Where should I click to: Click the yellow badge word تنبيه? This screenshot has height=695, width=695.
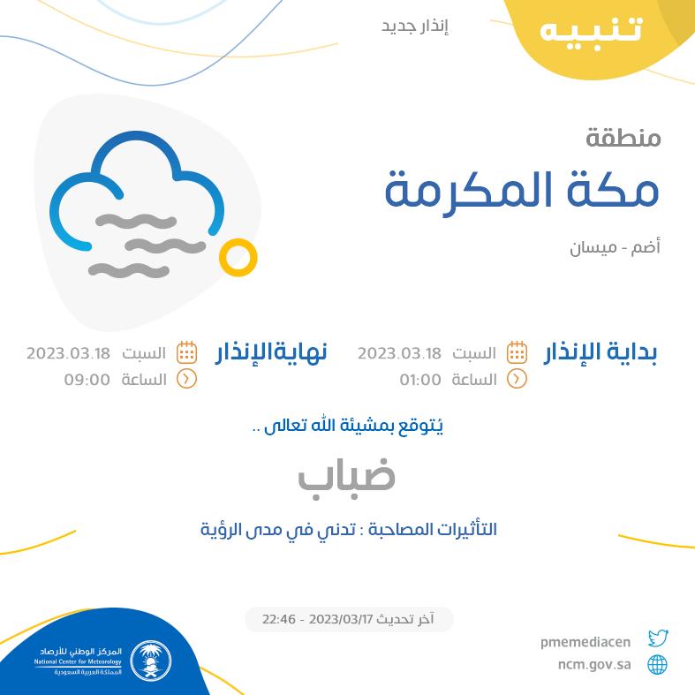click(591, 31)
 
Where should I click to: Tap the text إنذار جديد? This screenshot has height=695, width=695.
click(415, 26)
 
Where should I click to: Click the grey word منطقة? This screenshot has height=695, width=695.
click(623, 138)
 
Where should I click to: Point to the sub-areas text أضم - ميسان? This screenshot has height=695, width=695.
click(615, 247)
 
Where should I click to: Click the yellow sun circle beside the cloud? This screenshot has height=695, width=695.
click(238, 258)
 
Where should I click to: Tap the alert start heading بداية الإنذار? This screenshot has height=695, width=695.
click(601, 353)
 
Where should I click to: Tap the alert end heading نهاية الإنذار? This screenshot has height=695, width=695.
click(271, 353)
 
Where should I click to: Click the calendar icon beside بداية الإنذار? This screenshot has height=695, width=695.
click(517, 353)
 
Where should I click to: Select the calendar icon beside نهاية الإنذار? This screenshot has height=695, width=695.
click(186, 353)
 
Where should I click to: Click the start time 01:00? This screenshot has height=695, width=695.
click(420, 380)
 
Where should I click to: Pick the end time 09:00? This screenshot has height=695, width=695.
click(87, 380)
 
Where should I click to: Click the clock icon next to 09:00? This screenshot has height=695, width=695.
click(186, 380)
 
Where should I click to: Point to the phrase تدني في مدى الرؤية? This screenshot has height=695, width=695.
click(278, 530)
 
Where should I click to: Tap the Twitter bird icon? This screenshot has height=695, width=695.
click(658, 638)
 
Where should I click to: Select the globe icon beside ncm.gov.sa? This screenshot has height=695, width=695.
click(657, 665)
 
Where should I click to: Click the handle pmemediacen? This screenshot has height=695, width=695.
click(585, 642)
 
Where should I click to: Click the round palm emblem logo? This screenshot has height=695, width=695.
click(151, 661)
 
